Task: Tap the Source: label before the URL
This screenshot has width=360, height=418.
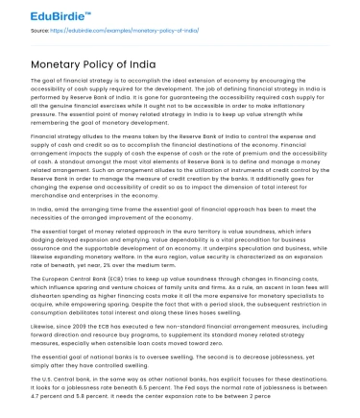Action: pyautogui.click(x=41, y=32)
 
